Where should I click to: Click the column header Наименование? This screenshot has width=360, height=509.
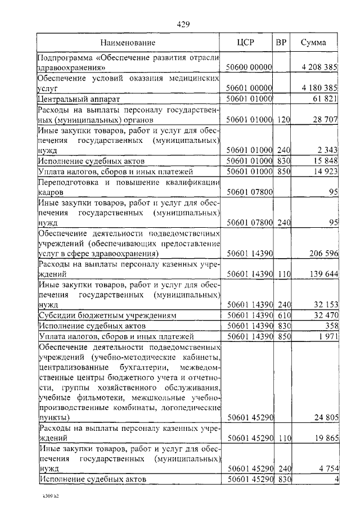[128, 42]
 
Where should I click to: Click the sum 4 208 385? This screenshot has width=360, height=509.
[319, 67]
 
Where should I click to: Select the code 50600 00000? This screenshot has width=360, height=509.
[249, 67]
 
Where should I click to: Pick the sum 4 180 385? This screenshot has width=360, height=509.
[319, 88]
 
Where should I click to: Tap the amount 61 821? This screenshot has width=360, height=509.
[326, 99]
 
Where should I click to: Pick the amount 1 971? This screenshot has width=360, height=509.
[328, 336]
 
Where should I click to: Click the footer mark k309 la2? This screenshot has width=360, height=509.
[50, 497]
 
